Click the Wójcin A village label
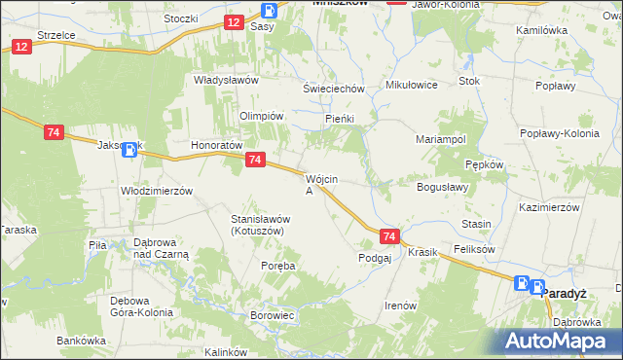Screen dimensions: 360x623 coord(321,185)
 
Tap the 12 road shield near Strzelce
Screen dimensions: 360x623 coord(21,47)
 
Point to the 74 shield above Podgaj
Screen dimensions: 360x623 coord(389,236)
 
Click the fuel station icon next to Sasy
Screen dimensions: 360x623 coord(270,11)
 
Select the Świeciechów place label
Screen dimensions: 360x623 coord(334,89)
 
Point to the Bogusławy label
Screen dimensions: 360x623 coord(443,186)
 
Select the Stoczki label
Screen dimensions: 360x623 coord(181,18)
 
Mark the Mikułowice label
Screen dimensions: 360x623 coord(412,85)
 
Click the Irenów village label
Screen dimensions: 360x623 coord(401,306)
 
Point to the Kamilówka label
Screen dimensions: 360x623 coord(543,31)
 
